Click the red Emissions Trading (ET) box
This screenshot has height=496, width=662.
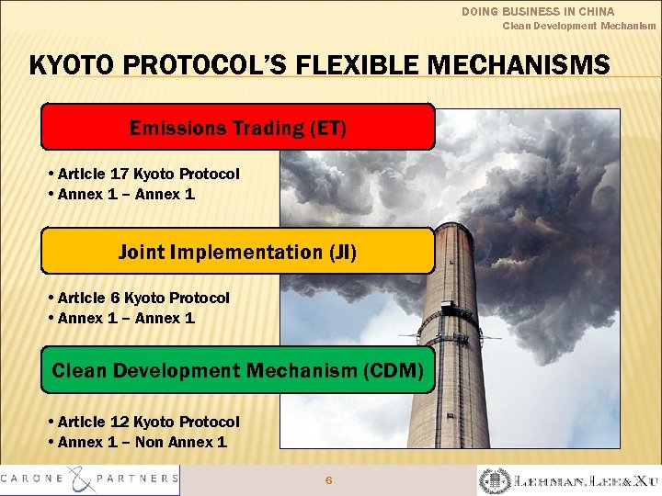[x=237, y=127]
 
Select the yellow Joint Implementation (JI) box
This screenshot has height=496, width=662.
[x=237, y=252]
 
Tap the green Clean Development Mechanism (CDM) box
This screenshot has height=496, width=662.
[x=237, y=370]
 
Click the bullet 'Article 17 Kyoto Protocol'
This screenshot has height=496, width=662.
[x=147, y=174]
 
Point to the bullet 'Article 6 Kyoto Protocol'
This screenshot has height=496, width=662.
[x=143, y=298]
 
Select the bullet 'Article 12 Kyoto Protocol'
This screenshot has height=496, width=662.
[x=147, y=422]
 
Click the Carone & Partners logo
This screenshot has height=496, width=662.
[x=90, y=479]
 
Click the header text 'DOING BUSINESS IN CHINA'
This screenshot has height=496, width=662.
[x=538, y=12]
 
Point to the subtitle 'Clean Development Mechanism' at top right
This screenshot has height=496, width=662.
[x=578, y=26]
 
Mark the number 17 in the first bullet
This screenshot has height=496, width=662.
[x=120, y=174]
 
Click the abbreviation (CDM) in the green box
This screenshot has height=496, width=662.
[x=394, y=371]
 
